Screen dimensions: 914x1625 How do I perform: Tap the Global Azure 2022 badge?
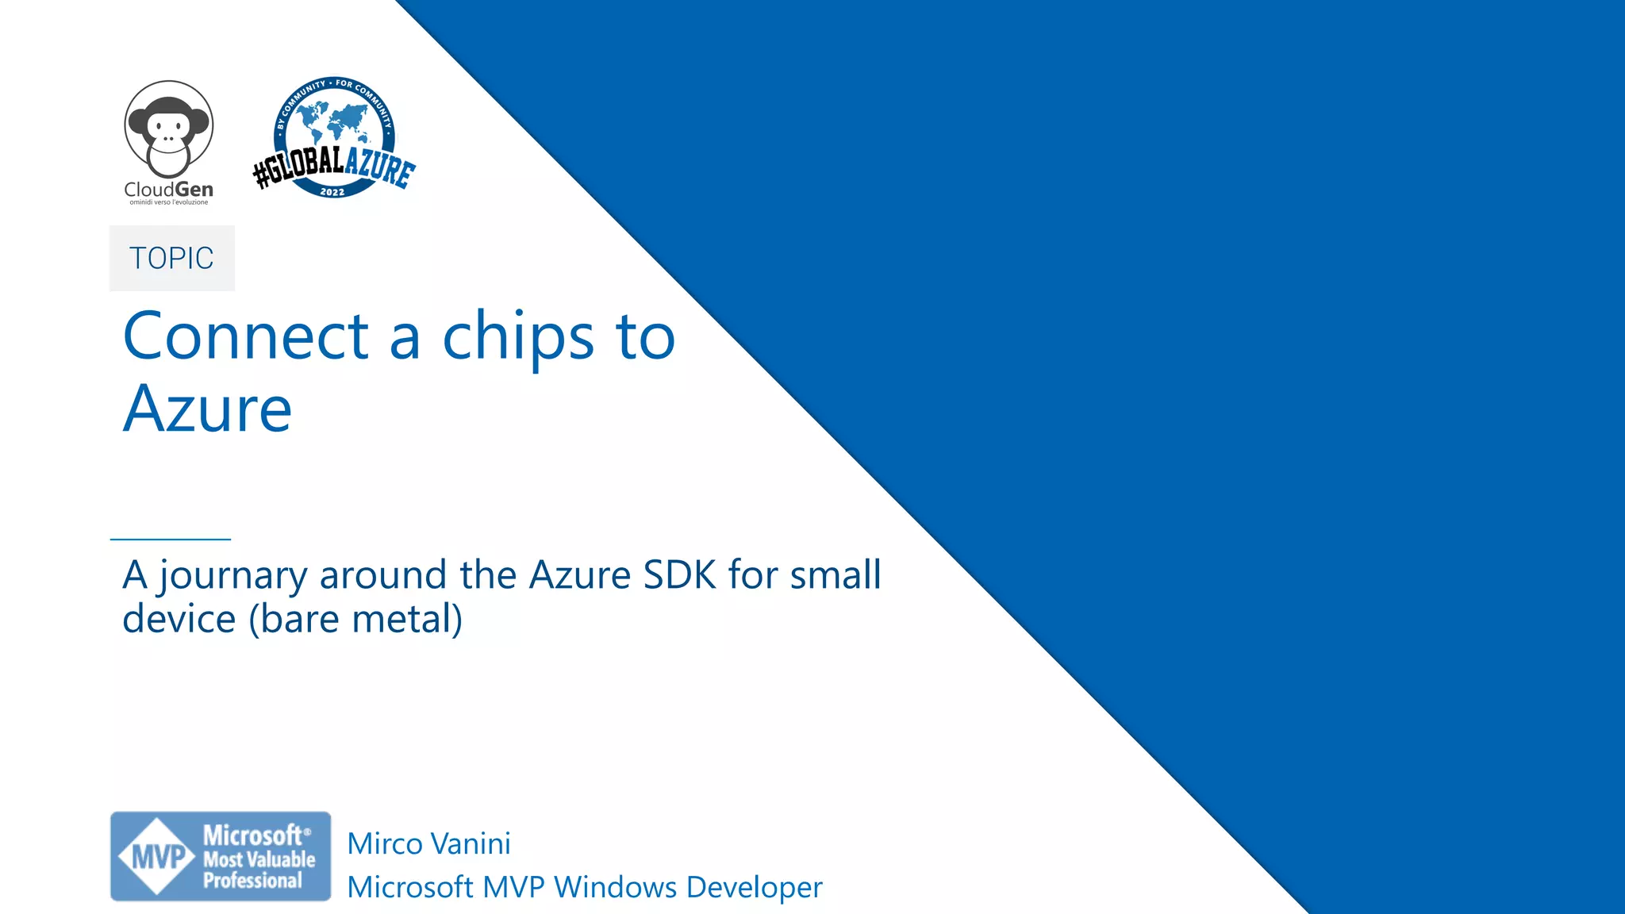(x=334, y=139)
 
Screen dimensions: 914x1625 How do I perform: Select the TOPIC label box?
(x=171, y=258)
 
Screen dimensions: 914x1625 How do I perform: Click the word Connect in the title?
(x=246, y=336)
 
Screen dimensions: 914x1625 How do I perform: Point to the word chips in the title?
(x=517, y=336)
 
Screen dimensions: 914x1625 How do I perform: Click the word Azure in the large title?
(x=208, y=409)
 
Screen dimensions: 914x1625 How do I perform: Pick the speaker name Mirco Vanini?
(x=428, y=843)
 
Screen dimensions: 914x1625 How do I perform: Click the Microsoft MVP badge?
(x=221, y=856)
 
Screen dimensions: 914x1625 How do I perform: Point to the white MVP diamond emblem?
(x=157, y=857)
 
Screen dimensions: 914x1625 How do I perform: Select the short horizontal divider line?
(x=170, y=540)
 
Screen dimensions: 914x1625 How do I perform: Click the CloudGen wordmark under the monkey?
(x=168, y=190)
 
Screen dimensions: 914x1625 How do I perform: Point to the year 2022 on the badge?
(x=332, y=192)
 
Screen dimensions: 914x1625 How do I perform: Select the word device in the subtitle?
(x=179, y=619)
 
